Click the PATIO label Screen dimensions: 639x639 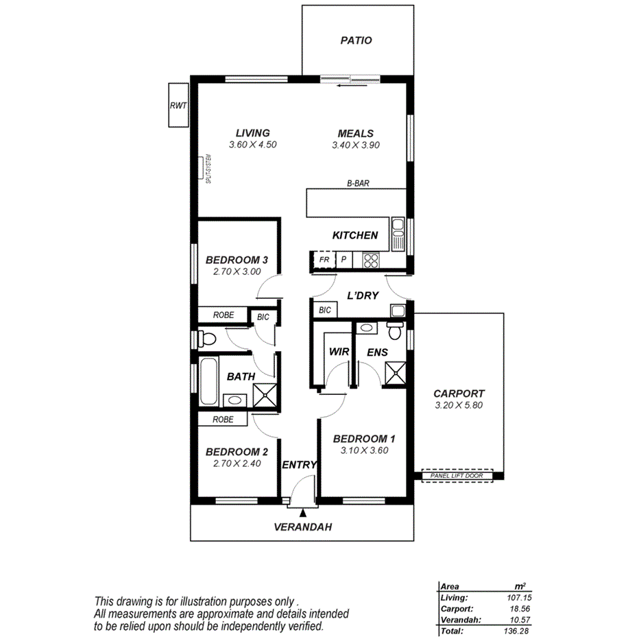coord(357,40)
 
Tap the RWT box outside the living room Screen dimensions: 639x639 coord(178,106)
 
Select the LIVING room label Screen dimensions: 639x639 coord(252,133)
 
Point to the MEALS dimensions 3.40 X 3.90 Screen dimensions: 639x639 coord(355,145)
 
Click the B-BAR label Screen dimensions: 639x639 coord(359,184)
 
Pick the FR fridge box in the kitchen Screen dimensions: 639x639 coord(324,261)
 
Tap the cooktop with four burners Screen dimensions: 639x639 coord(371,261)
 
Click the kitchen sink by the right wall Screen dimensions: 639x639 coord(397,234)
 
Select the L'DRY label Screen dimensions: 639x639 coord(363,296)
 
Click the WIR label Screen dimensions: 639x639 coord(339,352)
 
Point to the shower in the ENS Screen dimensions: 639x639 coord(394,374)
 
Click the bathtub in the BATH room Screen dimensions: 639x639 coord(207,381)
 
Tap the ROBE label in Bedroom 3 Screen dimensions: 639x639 coord(224,315)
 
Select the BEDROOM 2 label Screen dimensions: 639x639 coord(236,452)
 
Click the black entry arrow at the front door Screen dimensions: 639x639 coord(303,504)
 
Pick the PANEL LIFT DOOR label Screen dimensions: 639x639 coord(457,476)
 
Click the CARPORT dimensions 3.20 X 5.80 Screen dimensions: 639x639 coord(459,406)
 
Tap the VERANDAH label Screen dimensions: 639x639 coord(302,527)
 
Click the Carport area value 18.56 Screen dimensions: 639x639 coord(516,608)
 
